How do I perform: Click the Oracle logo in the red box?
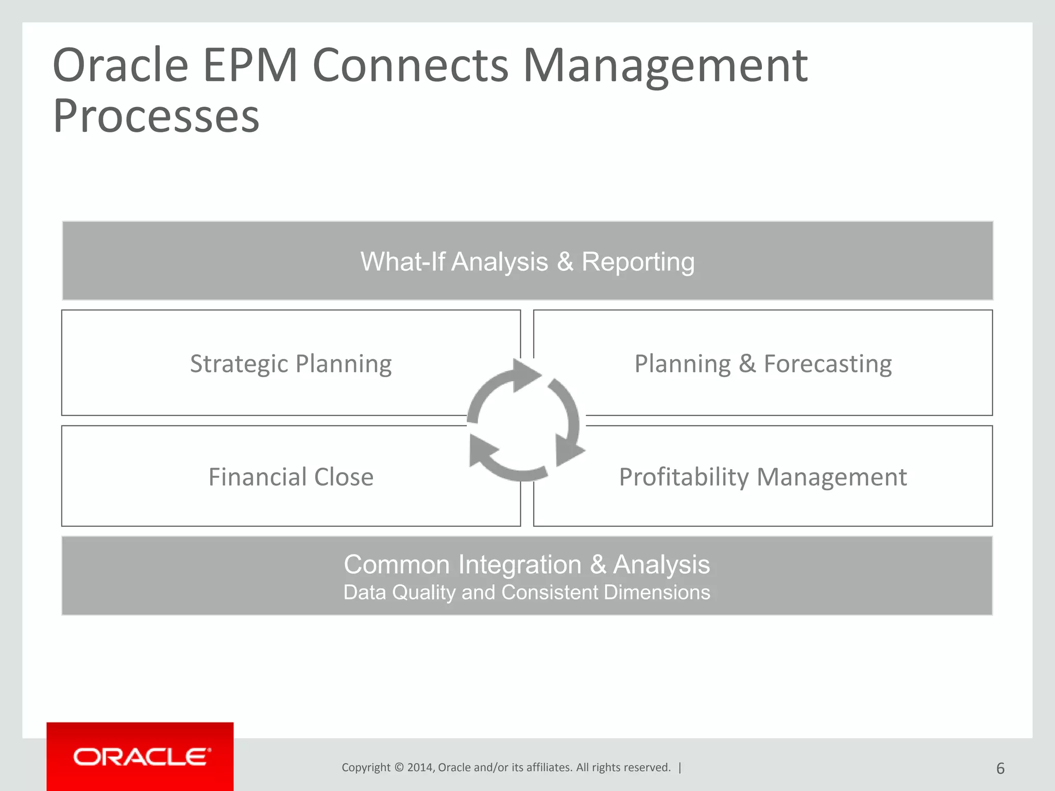click(x=142, y=757)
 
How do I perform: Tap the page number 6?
click(x=1000, y=768)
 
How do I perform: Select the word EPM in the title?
click(x=250, y=65)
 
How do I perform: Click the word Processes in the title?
click(x=156, y=116)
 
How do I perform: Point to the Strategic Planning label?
click(x=291, y=364)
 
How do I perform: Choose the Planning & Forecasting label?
click(x=763, y=364)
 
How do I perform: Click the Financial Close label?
click(x=291, y=477)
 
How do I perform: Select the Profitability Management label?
click(x=763, y=477)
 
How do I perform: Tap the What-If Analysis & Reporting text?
click(x=527, y=262)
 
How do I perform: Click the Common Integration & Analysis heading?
click(x=526, y=564)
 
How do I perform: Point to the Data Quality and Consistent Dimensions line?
click(x=526, y=592)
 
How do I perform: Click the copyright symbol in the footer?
click(x=399, y=768)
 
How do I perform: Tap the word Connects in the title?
click(x=411, y=65)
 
